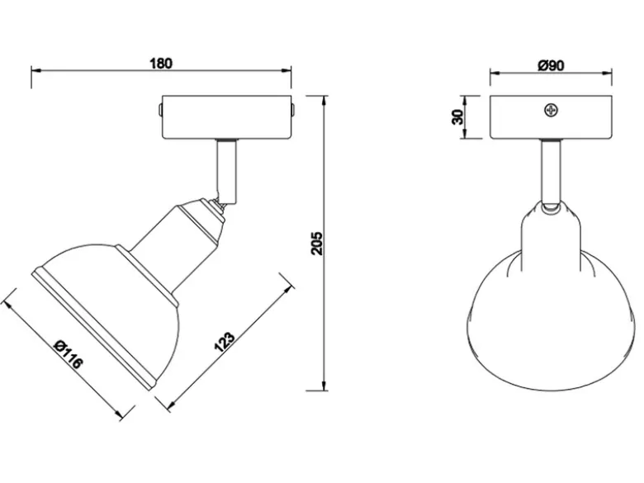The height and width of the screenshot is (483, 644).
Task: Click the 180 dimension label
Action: pyautogui.click(x=161, y=64)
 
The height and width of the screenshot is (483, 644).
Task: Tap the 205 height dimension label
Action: pyautogui.click(x=318, y=244)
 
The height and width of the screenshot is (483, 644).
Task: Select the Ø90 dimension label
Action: pyautogui.click(x=552, y=65)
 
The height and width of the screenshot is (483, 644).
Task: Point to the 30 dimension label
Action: pyautogui.click(x=457, y=117)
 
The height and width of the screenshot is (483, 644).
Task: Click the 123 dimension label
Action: pyautogui.click(x=225, y=341)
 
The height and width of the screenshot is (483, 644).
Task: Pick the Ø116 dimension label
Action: pyautogui.click(x=69, y=354)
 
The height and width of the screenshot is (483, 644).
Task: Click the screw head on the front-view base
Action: pyautogui.click(x=551, y=110)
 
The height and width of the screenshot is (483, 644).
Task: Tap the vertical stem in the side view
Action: pyautogui.click(x=227, y=171)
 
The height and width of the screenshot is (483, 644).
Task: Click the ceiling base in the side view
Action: pyautogui.click(x=227, y=117)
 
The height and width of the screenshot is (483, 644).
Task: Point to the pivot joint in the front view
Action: pyautogui.click(x=551, y=206)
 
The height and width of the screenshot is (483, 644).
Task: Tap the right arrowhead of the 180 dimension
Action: pyautogui.click(x=286, y=71)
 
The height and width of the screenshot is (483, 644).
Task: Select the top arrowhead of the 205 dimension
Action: pyautogui.click(x=324, y=101)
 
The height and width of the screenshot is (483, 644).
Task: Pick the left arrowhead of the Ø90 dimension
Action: pyautogui.click(x=495, y=73)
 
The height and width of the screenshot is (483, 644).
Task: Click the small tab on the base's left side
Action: pyautogui.click(x=160, y=110)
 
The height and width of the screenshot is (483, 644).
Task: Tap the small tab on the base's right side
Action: pyautogui.click(x=294, y=110)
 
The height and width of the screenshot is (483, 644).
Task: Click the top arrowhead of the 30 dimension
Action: pyautogui.click(x=464, y=101)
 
